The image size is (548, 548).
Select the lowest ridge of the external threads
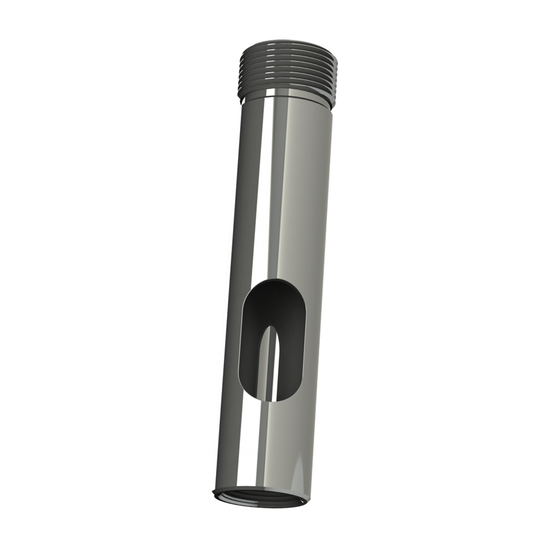pos(287,91)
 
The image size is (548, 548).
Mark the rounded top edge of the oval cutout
pos(277,282)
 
